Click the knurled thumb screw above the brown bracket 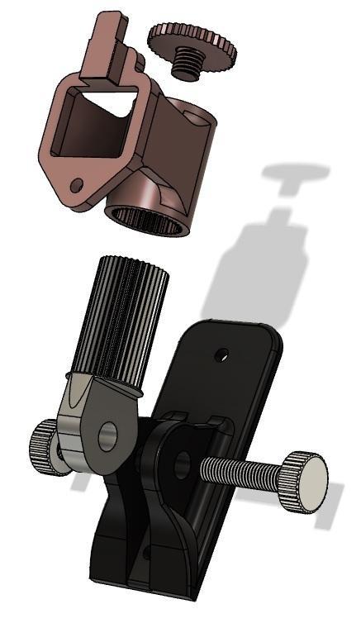click(192, 41)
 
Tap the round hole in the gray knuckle click(107, 435)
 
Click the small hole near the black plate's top click(221, 355)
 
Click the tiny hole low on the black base click(150, 549)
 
